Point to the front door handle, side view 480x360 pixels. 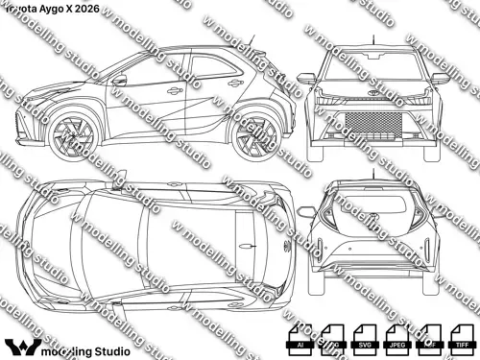coord(174,91)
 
